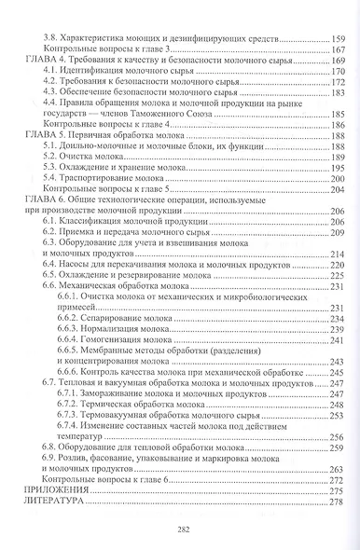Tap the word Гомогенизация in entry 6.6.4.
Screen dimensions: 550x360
[145, 342]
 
